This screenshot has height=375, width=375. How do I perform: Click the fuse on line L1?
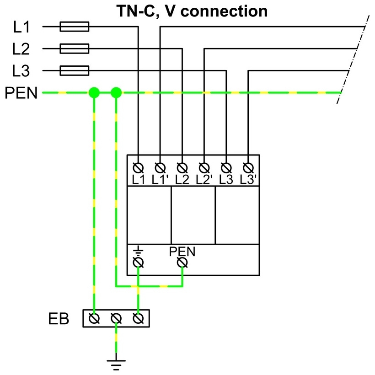point(75,27)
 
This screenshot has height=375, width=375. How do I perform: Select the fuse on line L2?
point(75,48)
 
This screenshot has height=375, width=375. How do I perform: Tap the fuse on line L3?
point(75,70)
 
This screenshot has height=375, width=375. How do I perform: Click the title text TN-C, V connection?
point(192,11)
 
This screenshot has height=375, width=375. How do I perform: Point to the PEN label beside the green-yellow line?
point(21,93)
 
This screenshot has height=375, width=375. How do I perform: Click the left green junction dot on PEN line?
point(94,92)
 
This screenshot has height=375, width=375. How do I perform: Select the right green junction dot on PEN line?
point(116,92)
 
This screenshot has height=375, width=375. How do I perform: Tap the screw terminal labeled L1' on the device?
point(160,168)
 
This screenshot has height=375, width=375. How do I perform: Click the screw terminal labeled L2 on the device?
point(182,168)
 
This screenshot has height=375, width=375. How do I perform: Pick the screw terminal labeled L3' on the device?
point(248,168)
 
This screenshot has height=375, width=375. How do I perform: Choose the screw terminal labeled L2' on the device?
point(204,168)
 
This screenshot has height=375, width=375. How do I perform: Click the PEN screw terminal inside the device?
point(182,262)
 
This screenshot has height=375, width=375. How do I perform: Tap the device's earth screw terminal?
point(138,262)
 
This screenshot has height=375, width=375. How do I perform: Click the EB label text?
point(59,319)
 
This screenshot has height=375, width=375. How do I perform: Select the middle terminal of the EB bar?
point(116,318)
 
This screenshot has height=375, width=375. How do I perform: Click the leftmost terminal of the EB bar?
point(94,318)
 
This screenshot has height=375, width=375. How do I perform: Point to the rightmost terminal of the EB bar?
point(138,318)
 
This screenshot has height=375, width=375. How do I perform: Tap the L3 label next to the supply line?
point(21,71)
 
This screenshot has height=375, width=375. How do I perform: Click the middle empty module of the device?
point(193,215)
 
